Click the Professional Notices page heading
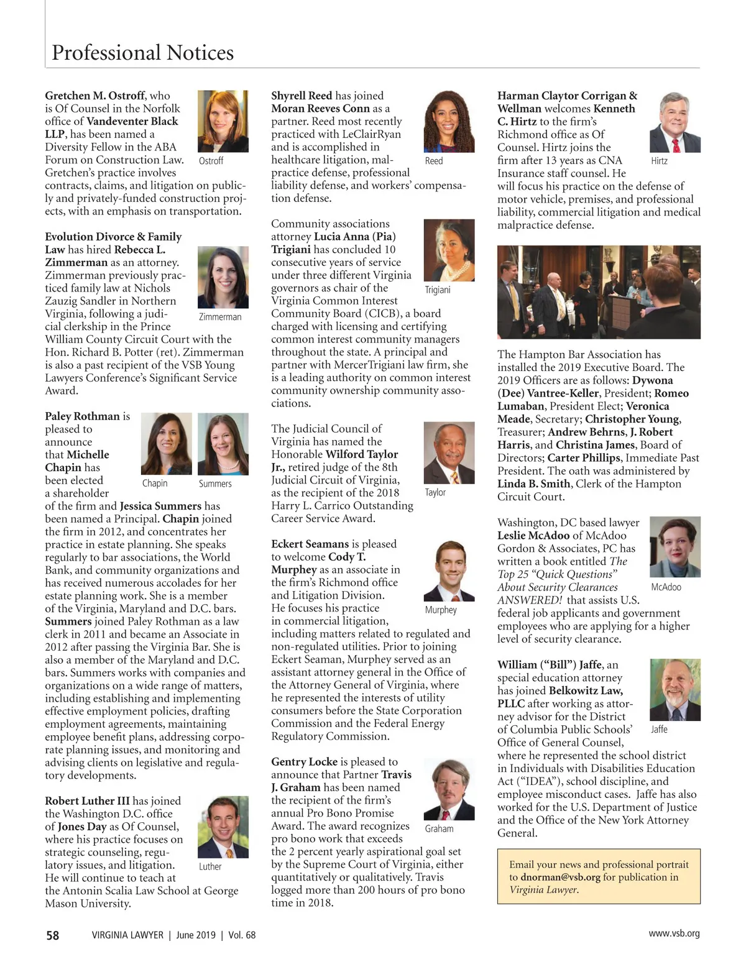(x=142, y=53)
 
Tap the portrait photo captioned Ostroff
(x=223, y=121)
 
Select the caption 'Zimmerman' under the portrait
(x=220, y=317)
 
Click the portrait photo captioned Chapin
(x=167, y=444)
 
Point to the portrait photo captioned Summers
(x=223, y=444)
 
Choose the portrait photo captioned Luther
(x=223, y=827)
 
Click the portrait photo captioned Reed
(x=449, y=121)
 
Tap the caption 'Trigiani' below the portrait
(x=438, y=290)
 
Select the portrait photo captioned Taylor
(x=449, y=453)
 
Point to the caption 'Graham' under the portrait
(x=440, y=829)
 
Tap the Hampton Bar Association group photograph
(x=599, y=292)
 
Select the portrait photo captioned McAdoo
(x=675, y=547)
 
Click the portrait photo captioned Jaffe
(x=675, y=690)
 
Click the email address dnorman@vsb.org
(x=560, y=878)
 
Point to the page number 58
(x=52, y=935)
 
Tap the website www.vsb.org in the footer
(x=674, y=933)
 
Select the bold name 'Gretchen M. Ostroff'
(x=95, y=96)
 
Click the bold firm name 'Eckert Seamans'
(x=310, y=544)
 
